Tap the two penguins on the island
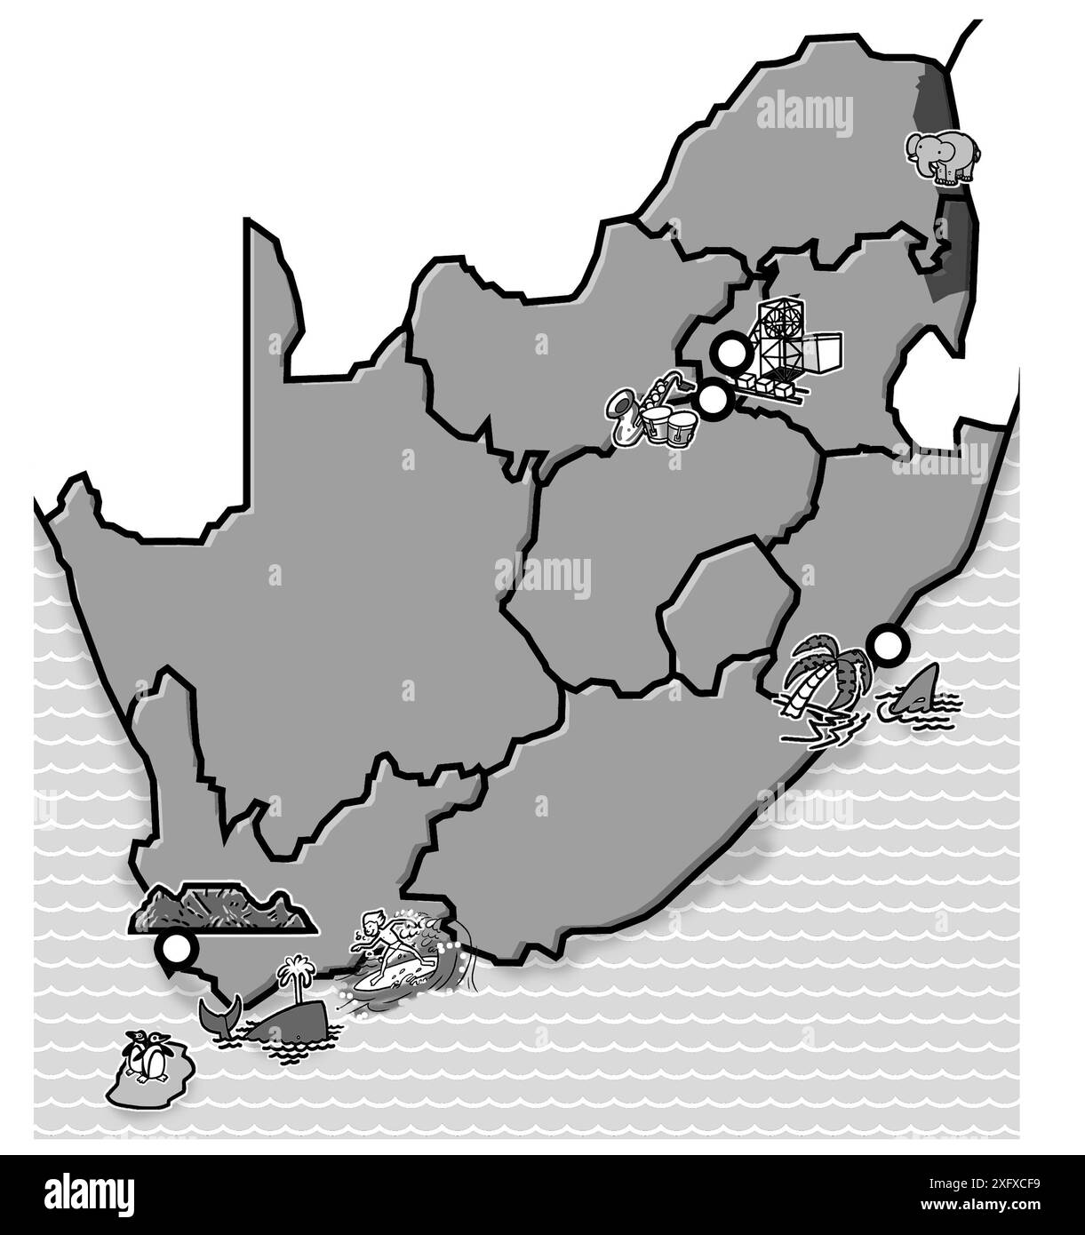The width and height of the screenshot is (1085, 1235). pos(148,1056)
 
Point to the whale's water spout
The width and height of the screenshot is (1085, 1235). pos(293,973)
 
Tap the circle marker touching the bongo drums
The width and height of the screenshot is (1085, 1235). pos(711,401)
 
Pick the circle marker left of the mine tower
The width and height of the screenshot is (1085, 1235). pos(731,354)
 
